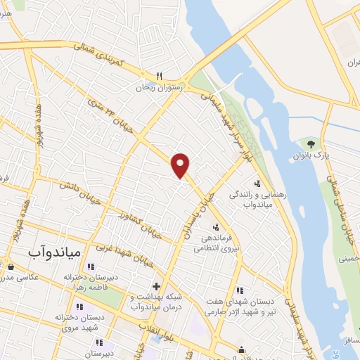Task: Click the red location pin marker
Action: (181, 165)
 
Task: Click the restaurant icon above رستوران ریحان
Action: (160, 77)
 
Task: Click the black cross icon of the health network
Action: (156, 286)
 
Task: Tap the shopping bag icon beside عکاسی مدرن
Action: (11, 266)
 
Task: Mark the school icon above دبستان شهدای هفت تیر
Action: (240, 290)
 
